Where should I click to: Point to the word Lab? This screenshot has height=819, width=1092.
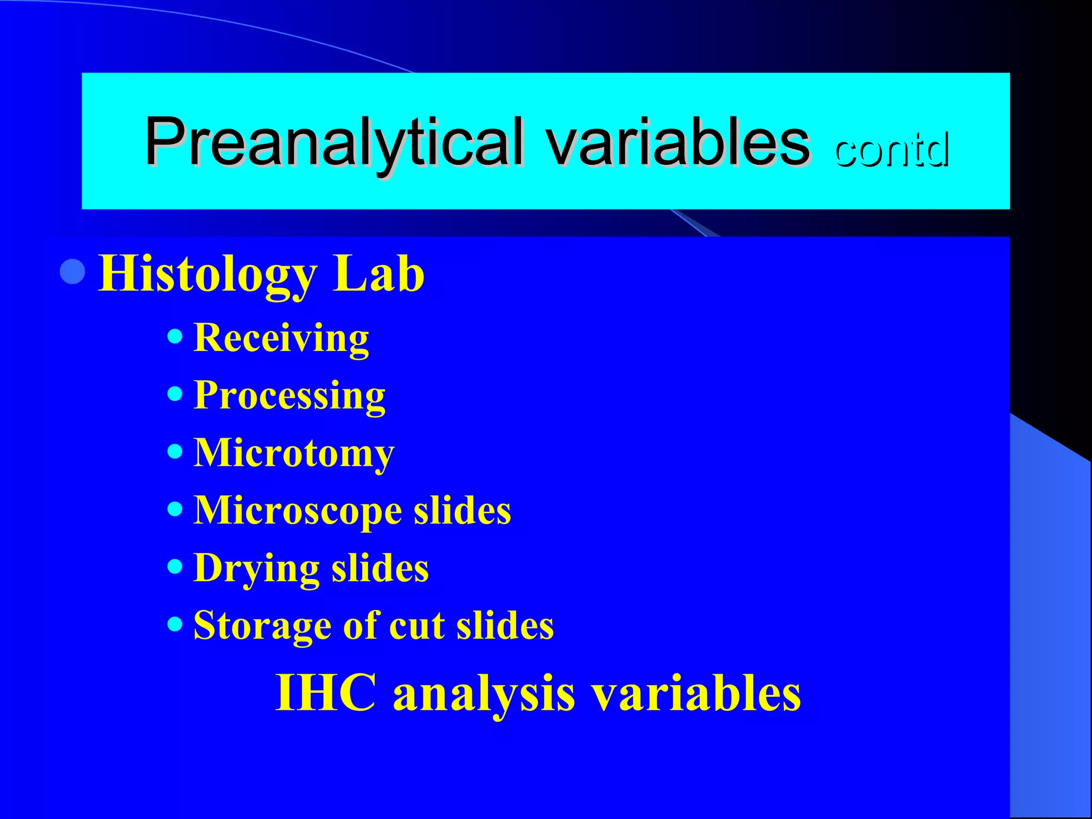(379, 273)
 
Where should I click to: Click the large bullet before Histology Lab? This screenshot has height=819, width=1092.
(73, 272)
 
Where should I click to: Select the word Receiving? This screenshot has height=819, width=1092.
(281, 338)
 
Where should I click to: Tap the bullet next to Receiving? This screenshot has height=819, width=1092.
(175, 336)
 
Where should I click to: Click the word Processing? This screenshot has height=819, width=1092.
(289, 396)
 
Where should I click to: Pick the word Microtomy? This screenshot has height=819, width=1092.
(294, 453)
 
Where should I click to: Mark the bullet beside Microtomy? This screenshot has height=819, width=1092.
(175, 452)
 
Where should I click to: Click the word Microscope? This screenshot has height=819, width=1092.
(298, 511)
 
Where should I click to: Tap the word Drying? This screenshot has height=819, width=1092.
(256, 568)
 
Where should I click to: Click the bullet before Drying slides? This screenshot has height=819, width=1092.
(175, 566)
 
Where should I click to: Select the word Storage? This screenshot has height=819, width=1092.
(262, 625)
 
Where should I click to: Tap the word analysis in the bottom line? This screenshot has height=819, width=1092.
(484, 693)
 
